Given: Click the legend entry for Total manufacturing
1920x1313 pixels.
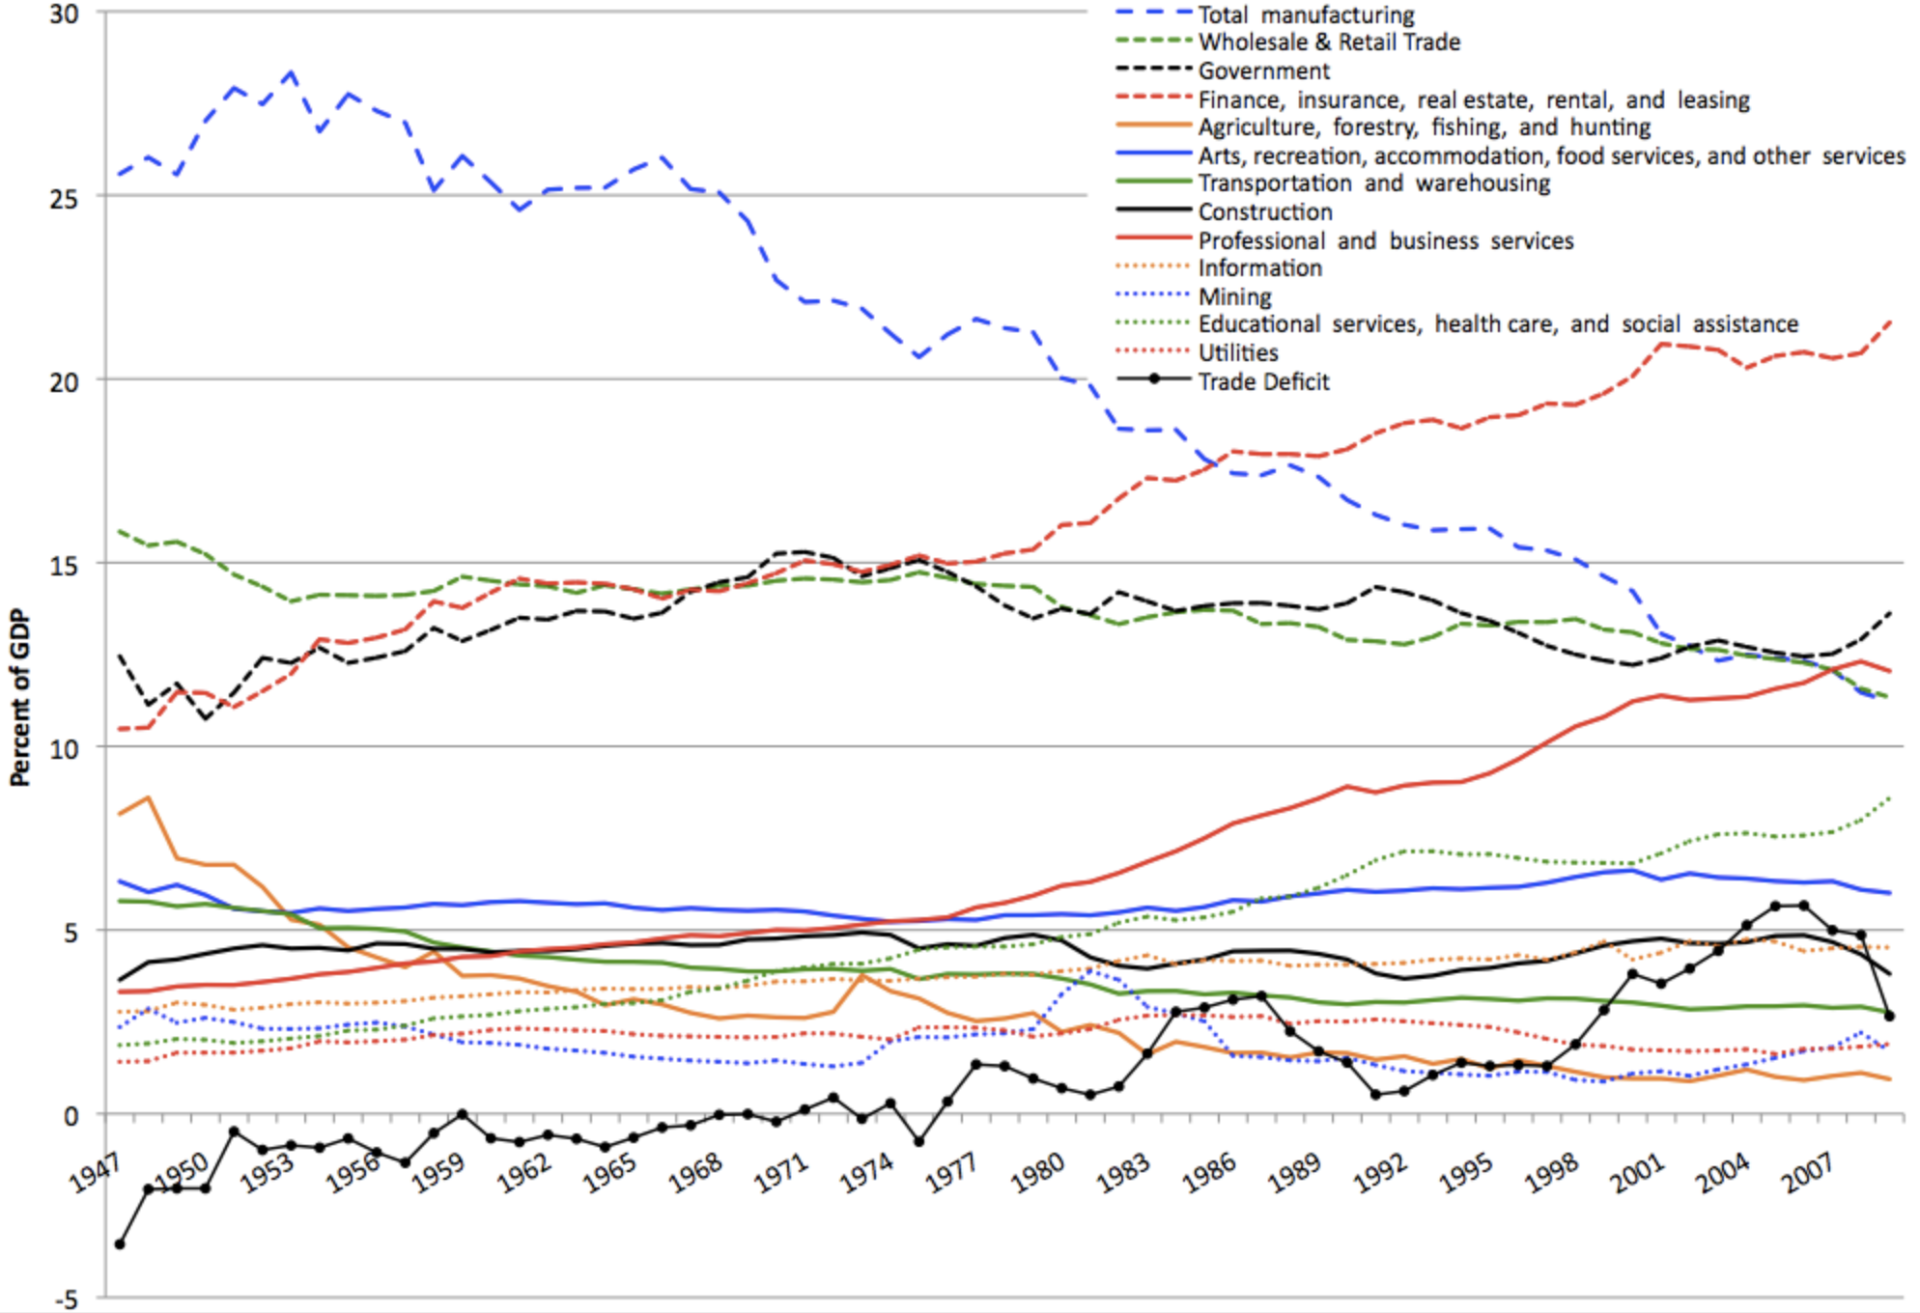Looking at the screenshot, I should coord(1306,15).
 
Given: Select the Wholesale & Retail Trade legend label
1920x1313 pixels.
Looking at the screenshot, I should coord(1329,42).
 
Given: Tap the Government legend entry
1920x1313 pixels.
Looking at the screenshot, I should coord(1263,71).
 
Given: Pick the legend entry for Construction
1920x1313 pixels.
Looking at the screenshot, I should coord(1265,212).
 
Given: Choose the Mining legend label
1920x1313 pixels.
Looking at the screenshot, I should coord(1234,296).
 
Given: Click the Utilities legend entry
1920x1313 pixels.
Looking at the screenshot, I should coord(1238,353).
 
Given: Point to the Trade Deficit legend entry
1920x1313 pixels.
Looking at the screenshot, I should coord(1263,382).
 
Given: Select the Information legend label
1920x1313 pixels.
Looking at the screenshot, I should coord(1259,268).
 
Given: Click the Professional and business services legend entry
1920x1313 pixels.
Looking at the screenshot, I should coord(1385,240).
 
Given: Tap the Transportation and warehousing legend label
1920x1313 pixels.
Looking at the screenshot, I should coord(1373,183).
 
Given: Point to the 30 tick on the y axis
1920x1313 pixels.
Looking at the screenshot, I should coord(64,14).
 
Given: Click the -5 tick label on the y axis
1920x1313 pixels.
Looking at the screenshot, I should coord(66,1299).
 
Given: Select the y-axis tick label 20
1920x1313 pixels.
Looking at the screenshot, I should coord(64,382).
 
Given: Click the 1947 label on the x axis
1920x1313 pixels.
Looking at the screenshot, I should coord(95,1173).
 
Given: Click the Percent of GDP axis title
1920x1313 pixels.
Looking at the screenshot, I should coord(20,697).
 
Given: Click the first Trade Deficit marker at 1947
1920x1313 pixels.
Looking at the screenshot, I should coord(120,1244).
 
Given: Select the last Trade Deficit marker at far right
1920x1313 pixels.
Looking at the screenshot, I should coord(1889,1016).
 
